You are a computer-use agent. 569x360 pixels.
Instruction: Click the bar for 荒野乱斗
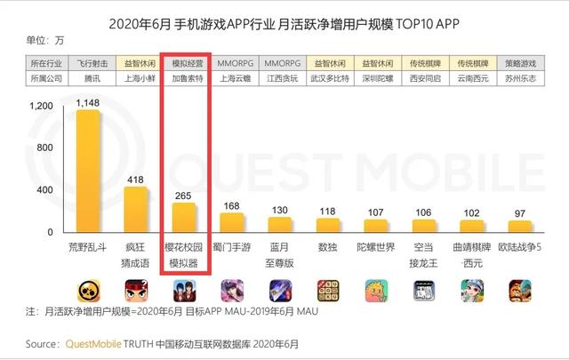coord(87,170)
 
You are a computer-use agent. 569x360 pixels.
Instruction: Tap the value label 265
coord(183,195)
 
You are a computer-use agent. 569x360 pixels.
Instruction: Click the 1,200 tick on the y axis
coord(42,107)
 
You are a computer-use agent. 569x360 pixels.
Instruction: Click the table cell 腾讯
coord(87,77)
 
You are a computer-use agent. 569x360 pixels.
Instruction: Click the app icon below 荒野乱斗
coord(87,291)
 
